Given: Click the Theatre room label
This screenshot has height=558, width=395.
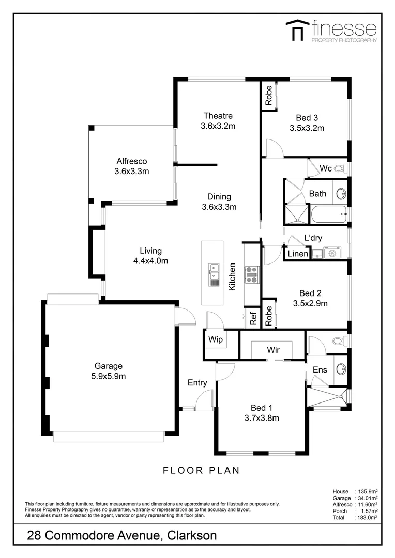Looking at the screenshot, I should tap(218, 116).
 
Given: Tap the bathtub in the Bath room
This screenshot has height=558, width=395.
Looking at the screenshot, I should tap(328, 214).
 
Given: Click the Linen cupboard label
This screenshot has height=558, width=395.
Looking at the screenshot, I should tap(297, 254).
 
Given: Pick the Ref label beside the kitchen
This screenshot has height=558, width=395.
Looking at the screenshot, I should tap(253, 319).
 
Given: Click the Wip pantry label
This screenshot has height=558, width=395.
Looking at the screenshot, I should tap(215, 340).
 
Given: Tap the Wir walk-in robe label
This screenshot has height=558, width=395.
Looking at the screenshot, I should tap(274, 350).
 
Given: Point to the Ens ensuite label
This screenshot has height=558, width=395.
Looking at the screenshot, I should tap(320, 370).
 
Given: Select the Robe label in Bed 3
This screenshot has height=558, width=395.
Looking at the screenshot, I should tap(269, 96).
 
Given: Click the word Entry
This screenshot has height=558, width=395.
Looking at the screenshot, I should tap(197, 383).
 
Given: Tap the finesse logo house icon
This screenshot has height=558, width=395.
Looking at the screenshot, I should tap(296, 30).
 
